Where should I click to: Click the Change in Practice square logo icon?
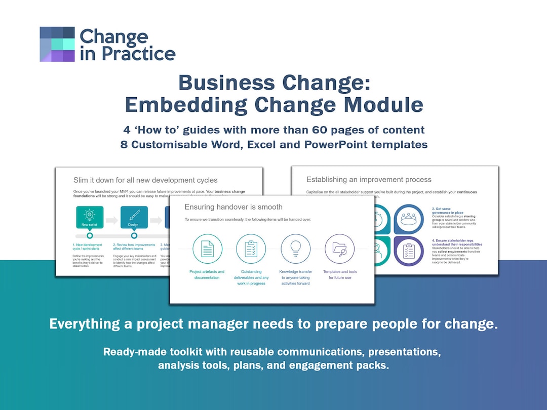tap(57, 45)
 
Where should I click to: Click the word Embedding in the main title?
tap(185, 104)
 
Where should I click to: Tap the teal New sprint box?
tap(90, 217)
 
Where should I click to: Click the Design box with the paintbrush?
tap(134, 217)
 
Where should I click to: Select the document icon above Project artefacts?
tap(207, 249)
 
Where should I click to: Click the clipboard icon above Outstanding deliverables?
tap(251, 249)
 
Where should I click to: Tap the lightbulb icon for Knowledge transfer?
tap(295, 249)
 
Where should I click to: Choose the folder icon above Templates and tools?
tap(339, 249)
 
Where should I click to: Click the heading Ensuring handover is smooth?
tap(233, 207)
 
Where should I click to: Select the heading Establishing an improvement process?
tap(369, 179)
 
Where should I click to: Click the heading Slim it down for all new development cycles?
tap(145, 180)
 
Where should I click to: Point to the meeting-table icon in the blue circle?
tap(408, 219)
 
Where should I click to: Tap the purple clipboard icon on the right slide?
tap(408, 251)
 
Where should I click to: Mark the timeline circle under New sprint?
tap(90, 235)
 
